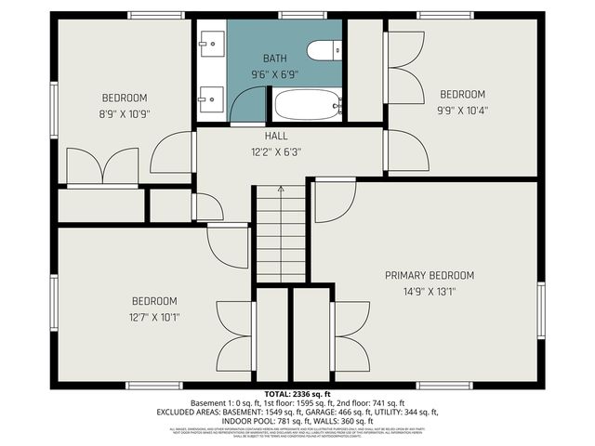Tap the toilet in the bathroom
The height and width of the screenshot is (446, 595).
(x=325, y=51)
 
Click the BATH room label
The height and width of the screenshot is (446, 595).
(x=274, y=58)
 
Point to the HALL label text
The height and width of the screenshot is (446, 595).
(x=276, y=137)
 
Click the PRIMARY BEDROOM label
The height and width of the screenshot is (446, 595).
(x=430, y=275)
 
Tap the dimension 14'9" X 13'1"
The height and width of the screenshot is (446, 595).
(x=430, y=291)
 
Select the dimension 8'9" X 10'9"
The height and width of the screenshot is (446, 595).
(x=125, y=113)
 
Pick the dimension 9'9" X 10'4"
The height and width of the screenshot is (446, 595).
(x=463, y=110)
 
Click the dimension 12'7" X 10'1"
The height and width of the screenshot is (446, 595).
(x=154, y=317)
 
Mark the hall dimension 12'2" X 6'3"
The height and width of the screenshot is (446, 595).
(x=276, y=152)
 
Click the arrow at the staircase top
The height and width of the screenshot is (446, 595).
(x=281, y=190)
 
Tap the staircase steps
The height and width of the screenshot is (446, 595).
(x=281, y=237)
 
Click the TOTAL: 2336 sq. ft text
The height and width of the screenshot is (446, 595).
(x=297, y=394)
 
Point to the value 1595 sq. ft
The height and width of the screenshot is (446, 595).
(x=297, y=402)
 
